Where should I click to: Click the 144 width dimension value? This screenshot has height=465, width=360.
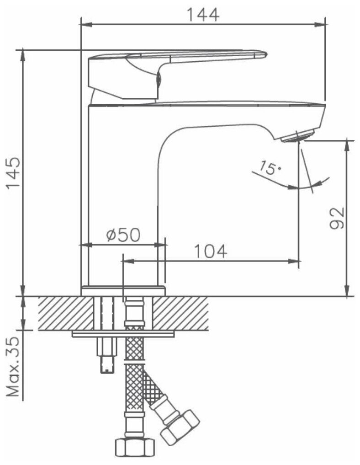[x=203, y=15]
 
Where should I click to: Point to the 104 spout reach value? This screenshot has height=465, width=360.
[x=211, y=251]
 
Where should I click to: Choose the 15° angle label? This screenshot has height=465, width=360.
[x=268, y=168]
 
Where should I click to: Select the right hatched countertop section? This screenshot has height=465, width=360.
[x=180, y=313]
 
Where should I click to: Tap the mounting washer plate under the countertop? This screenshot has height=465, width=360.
[x=123, y=334]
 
